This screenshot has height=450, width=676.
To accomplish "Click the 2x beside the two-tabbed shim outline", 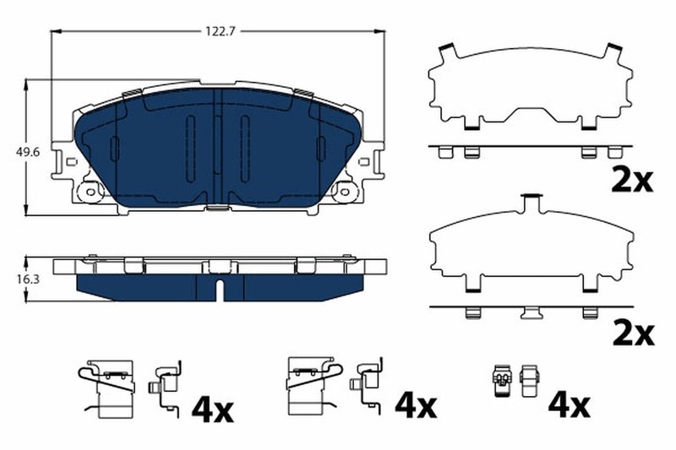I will [630, 180].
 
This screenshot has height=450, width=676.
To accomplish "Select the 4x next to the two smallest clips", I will [568, 408].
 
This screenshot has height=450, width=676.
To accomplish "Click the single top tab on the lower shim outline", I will [531, 202].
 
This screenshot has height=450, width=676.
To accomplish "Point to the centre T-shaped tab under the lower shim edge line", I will [532, 313].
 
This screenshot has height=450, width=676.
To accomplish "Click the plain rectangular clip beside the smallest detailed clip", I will [530, 382].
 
